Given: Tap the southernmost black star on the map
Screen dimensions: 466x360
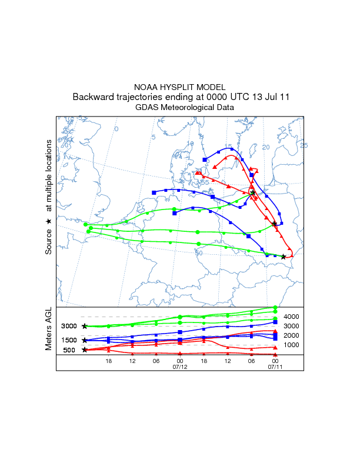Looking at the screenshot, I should pos(284,257).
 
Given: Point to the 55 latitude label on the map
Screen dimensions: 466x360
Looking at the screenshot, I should pos(205,182).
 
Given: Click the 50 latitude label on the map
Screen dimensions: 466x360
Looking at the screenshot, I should pos(199,253).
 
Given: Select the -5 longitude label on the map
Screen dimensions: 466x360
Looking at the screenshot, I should pos(79,118).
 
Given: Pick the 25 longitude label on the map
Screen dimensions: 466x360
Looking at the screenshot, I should pos(304,145).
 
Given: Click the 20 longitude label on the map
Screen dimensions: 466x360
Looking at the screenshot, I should pos(265,147).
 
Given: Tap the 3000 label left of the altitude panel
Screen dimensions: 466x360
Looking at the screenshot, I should pos(69,326).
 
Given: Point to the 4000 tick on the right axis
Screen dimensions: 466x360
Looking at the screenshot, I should pos(292,317).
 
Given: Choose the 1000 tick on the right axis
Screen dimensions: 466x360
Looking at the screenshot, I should pos(292,345).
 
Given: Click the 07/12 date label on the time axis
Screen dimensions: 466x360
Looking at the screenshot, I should pos(179,367).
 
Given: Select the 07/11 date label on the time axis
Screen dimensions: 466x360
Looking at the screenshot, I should pos(275,367).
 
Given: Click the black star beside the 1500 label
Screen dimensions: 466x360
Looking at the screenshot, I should pos(85,340).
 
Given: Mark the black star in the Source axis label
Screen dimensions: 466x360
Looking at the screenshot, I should pos(49,221).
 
